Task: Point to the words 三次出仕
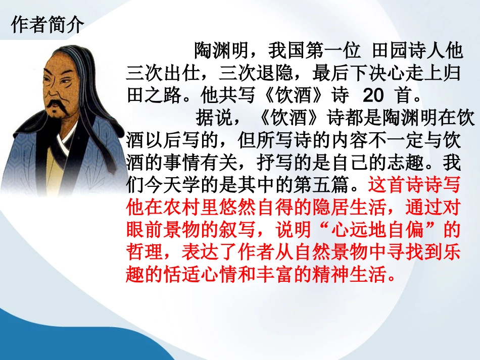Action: [x=161, y=73]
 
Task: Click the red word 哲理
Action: [x=143, y=253]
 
